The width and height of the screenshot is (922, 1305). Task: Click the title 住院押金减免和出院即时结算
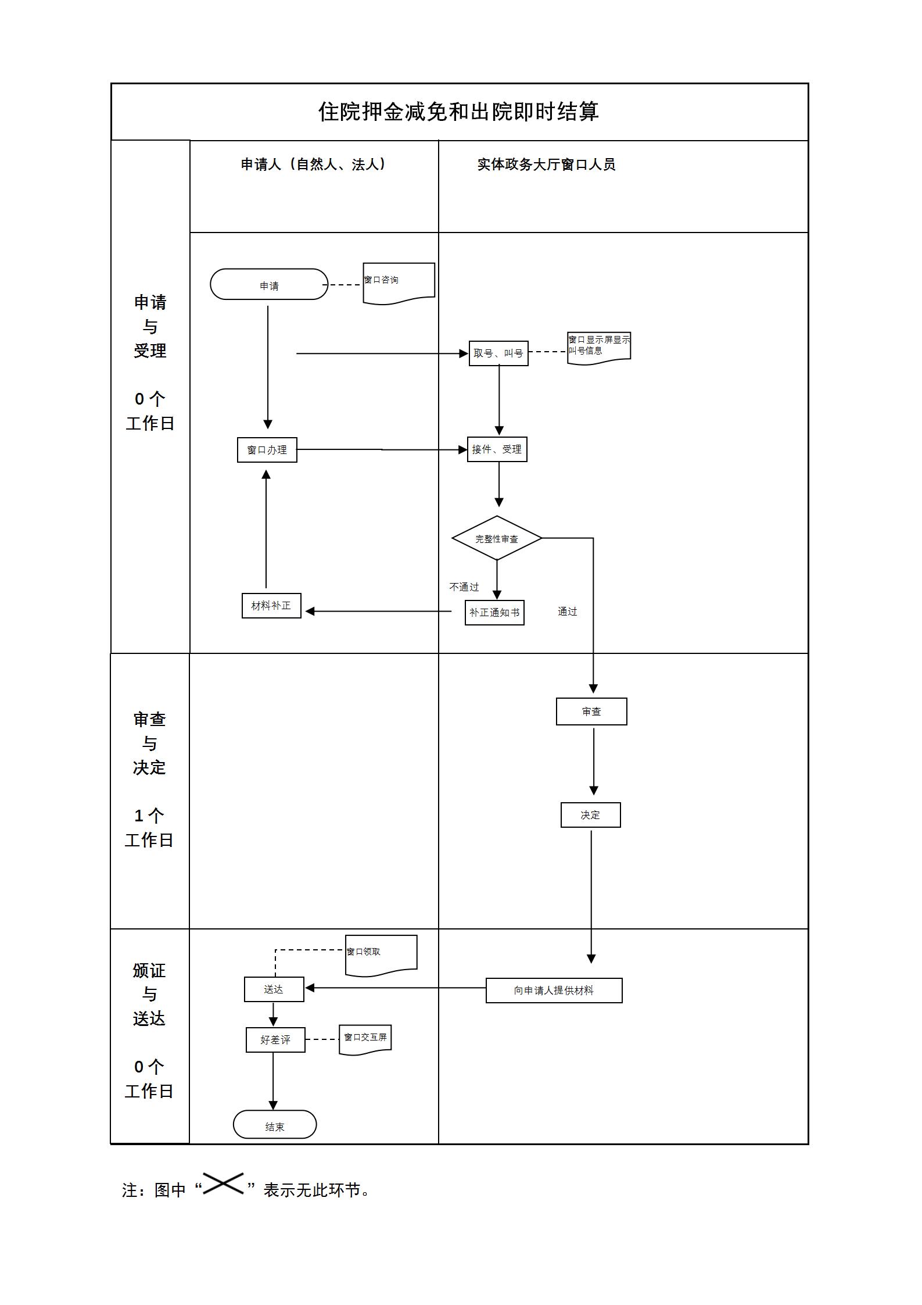pyautogui.click(x=458, y=112)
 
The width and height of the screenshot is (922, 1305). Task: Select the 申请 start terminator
pyautogui.click(x=269, y=285)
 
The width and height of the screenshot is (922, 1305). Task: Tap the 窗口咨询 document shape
pyautogui.click(x=399, y=282)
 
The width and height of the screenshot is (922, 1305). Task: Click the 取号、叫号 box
pyautogui.click(x=498, y=353)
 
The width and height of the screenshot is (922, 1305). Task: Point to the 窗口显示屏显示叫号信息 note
pyautogui.click(x=599, y=347)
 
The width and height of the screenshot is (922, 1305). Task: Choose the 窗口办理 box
pyautogui.click(x=267, y=450)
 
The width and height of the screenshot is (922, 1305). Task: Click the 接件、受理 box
pyautogui.click(x=497, y=449)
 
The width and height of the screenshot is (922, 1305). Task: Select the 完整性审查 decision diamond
pyautogui.click(x=497, y=538)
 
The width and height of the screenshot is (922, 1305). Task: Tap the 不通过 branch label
pyautogui.click(x=464, y=587)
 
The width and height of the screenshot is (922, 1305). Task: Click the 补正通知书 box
pyautogui.click(x=494, y=613)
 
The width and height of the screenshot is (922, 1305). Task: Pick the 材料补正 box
pyautogui.click(x=271, y=606)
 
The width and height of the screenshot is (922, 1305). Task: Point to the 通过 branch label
pyautogui.click(x=567, y=612)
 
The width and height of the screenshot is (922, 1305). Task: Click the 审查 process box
pyautogui.click(x=591, y=712)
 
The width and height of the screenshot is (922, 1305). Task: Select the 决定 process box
pyautogui.click(x=590, y=815)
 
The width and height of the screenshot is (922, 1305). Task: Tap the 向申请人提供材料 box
pyautogui.click(x=554, y=991)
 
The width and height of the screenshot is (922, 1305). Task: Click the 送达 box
pyautogui.click(x=274, y=989)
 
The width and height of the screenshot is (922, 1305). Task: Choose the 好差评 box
pyautogui.click(x=275, y=1040)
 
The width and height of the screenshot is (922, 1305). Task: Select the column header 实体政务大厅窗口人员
pyautogui.click(x=546, y=165)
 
